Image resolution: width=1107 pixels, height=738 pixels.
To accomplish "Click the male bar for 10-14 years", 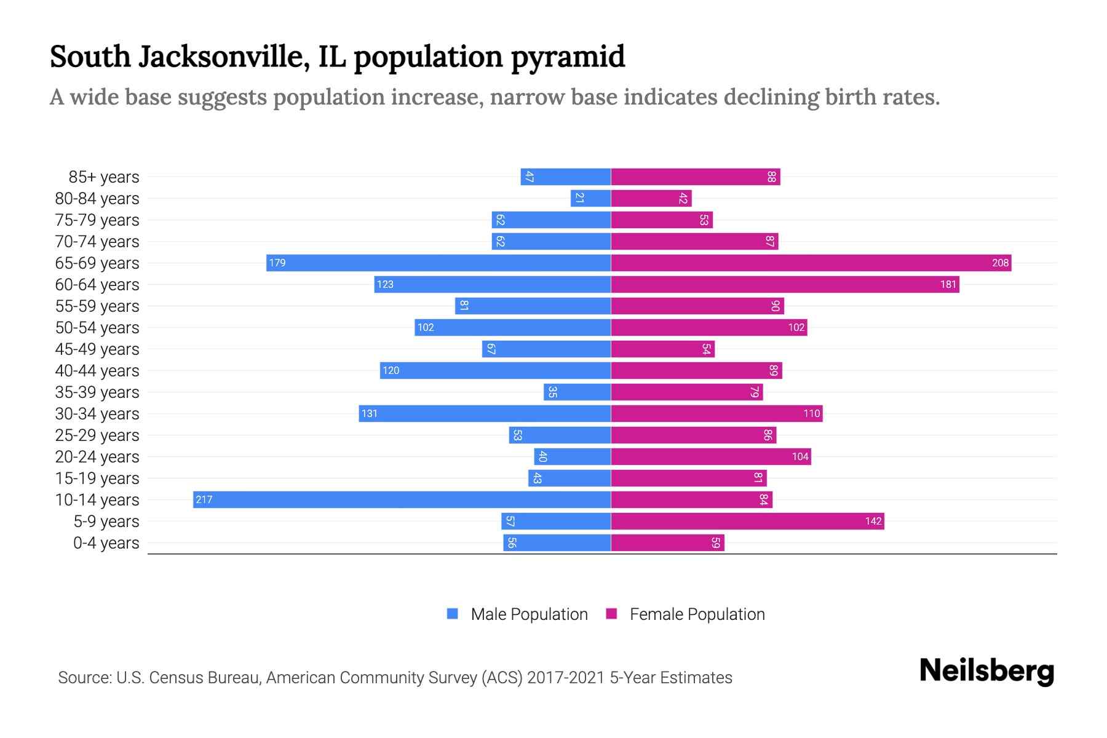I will pos(402,499).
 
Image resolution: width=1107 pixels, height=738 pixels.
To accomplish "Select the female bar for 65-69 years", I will pos(811,263).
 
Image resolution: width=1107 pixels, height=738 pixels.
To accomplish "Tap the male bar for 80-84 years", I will pos(590,198).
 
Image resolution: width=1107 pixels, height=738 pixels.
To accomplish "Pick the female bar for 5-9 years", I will pos(747,521).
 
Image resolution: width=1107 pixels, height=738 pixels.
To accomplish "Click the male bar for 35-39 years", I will pos(577,392).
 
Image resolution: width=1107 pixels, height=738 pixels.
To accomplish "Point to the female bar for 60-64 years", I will pos(785,284).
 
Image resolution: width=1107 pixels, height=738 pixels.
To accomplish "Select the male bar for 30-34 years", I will pos(485,413).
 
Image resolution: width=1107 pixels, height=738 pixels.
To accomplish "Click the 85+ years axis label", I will pos(104,177).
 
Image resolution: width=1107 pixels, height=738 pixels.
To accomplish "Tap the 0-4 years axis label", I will pos(106,543).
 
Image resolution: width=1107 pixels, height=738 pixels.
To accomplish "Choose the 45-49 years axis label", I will pos(97,349).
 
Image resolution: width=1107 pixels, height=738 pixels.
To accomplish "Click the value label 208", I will pos(1000,263).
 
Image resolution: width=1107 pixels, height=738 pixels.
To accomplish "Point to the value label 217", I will pos(204,500).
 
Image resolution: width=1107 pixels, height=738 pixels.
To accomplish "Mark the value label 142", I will pos(873,522).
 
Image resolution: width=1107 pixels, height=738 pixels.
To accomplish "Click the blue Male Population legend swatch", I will pos(453,614).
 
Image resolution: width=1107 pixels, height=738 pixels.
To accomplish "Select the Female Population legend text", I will pos(697,614).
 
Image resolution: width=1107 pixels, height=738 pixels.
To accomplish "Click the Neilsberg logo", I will pos(986,671).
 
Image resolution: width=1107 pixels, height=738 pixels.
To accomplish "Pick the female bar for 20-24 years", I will pos(710,456).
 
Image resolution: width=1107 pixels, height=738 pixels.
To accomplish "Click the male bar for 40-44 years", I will pos(495,370).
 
